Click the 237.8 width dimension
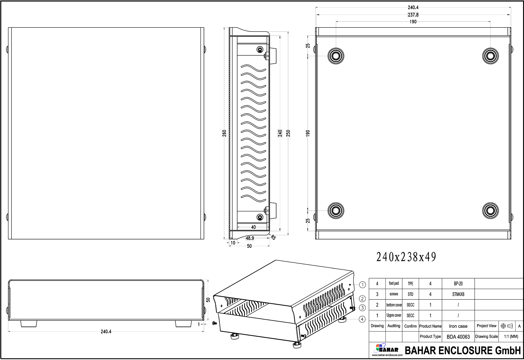click(413, 15)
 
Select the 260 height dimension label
click(224, 133)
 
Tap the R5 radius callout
click(273, 238)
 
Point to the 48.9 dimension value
click(250, 238)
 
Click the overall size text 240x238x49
click(406, 257)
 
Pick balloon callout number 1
click(362, 285)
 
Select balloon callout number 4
click(362, 319)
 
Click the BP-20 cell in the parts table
click(458, 284)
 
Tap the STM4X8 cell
click(458, 294)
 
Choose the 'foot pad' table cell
click(394, 283)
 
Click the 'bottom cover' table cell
click(394, 305)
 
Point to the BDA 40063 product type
click(458, 337)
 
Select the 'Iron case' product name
click(458, 326)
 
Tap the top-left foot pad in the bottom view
click(336, 56)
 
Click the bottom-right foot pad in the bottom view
click(490, 210)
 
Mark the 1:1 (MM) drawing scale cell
click(511, 337)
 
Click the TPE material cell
click(410, 284)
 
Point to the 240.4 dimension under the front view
click(106, 332)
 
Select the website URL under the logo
click(387, 355)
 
